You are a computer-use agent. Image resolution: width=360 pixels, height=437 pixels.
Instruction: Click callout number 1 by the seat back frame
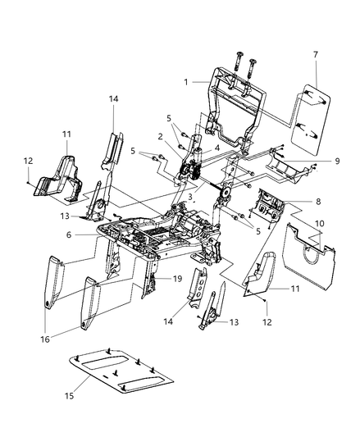(x=188, y=82)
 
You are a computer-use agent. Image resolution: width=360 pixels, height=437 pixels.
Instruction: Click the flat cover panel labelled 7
(x=314, y=111)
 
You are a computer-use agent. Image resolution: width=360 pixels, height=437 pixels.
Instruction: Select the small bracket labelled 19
(x=153, y=283)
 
